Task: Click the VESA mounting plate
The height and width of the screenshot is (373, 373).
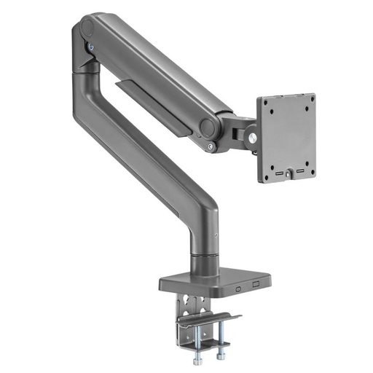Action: point(286,136)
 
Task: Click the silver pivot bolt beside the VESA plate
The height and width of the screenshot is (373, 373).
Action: point(253,136)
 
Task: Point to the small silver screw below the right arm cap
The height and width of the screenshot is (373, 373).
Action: point(211,148)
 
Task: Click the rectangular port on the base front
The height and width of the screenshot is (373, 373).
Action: point(256,285)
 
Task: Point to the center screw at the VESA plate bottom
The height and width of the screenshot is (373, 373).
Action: point(289,173)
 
